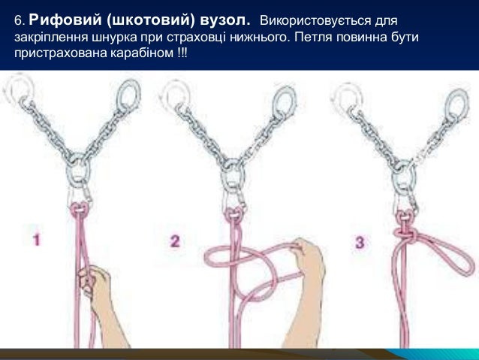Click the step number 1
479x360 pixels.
36,241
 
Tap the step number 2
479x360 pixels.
175,241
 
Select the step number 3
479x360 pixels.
360,242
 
